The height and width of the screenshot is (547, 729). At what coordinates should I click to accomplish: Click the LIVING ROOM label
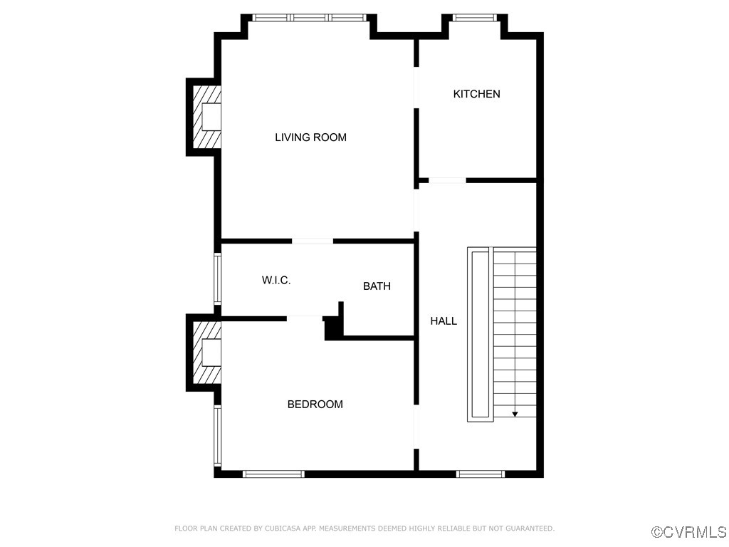pos(310,137)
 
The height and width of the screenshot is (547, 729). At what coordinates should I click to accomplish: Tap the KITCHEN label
pos(476,94)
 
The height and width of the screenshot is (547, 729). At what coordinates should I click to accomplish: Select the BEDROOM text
pos(315,405)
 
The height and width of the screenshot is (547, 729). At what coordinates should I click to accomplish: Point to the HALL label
pos(444,321)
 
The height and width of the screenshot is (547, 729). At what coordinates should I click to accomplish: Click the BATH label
pos(377,286)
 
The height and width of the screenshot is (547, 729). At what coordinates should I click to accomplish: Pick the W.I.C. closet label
pos(276,281)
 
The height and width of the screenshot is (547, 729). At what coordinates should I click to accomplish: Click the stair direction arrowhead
pos(515,413)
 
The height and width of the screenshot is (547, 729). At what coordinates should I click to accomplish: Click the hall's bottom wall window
pos(481,474)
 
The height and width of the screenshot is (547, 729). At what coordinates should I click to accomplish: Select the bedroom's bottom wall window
pos(273,474)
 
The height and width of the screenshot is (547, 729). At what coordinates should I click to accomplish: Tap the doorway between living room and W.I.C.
pos(313,241)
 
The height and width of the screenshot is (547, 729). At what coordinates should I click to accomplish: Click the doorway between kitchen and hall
pos(447,181)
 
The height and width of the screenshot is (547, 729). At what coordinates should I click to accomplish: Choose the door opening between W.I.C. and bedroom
pos(305,318)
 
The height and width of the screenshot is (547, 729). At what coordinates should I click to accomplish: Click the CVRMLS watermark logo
pos(690,532)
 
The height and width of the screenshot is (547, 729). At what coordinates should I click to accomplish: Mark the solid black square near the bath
pos(332,330)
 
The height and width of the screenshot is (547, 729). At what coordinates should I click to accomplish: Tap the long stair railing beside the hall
pos(479,333)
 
